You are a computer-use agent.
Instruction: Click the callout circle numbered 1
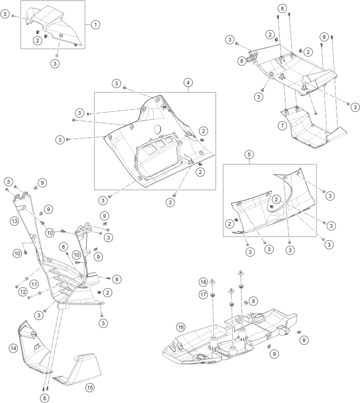95,25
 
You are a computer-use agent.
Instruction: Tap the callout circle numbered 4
188,82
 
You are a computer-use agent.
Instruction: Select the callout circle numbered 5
249,154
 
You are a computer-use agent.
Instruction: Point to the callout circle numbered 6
242,61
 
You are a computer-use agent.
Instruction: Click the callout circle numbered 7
283,126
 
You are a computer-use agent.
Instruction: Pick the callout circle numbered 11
34,284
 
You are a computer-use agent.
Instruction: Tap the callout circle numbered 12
23,292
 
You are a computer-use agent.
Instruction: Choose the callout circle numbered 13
14,221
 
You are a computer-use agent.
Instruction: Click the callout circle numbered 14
13,348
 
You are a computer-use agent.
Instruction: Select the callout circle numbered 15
90,388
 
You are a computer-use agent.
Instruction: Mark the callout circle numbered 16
180,327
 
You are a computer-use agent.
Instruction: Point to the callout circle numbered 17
203,294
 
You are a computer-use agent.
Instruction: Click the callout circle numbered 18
203,282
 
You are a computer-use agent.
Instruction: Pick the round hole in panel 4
158,129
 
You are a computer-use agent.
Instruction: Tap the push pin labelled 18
213,282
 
